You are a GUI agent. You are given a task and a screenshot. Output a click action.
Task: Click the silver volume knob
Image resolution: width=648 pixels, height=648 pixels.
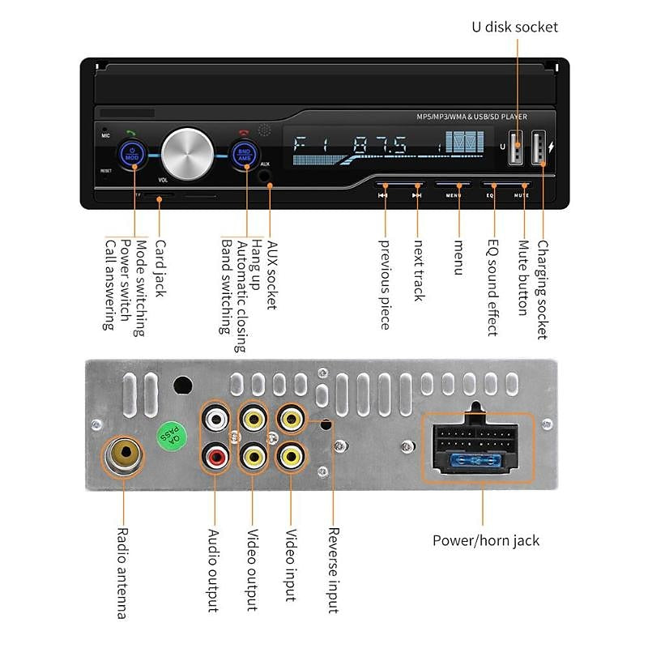[187, 151]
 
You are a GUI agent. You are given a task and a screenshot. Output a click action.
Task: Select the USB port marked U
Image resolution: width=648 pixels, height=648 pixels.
[516, 149]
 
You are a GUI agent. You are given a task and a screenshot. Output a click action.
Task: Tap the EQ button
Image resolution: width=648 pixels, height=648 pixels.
[491, 194]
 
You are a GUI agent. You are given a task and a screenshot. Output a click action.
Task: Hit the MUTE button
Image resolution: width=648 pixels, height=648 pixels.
[522, 194]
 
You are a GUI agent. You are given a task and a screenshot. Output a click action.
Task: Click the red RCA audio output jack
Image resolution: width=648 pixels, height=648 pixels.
[215, 458]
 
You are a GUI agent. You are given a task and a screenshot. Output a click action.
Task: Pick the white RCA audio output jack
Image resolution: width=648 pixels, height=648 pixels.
[215, 420]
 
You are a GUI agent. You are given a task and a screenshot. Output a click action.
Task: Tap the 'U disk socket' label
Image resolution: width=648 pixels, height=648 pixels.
[515, 27]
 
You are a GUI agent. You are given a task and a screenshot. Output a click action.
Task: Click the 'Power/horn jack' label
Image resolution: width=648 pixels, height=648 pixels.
[485, 540]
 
